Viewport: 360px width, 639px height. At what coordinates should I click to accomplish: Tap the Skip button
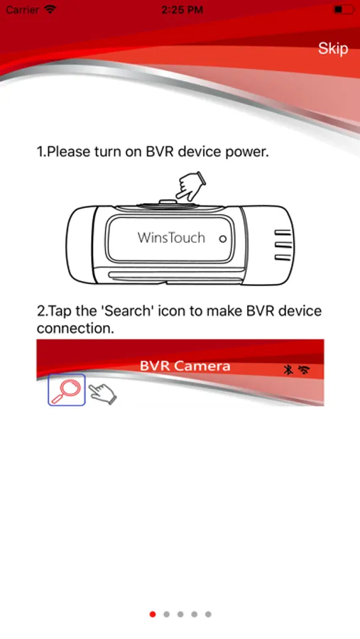[333, 48]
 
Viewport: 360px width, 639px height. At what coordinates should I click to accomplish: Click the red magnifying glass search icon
[67, 390]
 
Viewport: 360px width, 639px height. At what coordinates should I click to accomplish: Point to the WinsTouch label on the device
[171, 237]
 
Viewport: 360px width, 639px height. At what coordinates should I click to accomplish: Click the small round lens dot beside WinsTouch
[222, 239]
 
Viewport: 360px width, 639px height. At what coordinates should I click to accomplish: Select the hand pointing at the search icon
[103, 393]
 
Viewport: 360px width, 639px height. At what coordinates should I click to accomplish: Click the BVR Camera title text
[185, 366]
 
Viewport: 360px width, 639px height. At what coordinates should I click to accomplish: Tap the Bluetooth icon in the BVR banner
[288, 370]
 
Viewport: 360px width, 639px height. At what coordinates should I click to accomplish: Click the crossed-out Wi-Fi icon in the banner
[304, 370]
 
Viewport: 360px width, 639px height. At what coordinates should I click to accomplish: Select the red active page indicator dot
[153, 614]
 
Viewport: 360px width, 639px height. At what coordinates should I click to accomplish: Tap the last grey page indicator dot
[208, 614]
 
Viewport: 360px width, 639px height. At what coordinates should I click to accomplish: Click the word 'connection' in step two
[74, 328]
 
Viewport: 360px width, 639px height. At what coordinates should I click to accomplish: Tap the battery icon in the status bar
[343, 9]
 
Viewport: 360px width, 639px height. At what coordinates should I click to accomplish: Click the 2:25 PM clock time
[182, 10]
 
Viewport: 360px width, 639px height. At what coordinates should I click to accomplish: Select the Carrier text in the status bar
[23, 9]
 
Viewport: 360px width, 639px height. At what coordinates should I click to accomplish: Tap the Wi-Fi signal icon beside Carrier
[50, 9]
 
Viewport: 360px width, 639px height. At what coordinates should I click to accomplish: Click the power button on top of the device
[166, 202]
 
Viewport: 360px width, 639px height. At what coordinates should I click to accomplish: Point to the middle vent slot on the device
[283, 246]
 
